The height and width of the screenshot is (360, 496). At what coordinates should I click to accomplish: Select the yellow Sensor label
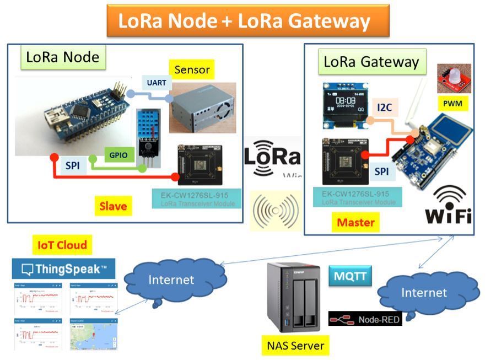coord(192,70)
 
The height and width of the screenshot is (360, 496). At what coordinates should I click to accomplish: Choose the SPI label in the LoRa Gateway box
coord(381,171)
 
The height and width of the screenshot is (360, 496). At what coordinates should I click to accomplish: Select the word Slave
coord(113,206)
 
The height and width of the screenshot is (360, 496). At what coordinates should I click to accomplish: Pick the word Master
coord(355,223)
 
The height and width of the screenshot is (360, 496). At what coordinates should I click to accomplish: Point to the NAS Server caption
coord(293,346)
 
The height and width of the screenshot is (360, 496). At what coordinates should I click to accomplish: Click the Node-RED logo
coord(365,318)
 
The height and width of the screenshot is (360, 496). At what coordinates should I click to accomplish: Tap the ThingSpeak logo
coord(63,269)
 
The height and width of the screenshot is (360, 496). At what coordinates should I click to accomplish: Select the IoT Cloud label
coord(62,245)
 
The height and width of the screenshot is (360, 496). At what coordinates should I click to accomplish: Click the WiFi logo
coord(448,205)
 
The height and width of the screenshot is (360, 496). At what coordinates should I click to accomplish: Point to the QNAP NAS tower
coord(293,298)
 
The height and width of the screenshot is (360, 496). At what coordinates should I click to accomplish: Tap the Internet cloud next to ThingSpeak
coord(174,280)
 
